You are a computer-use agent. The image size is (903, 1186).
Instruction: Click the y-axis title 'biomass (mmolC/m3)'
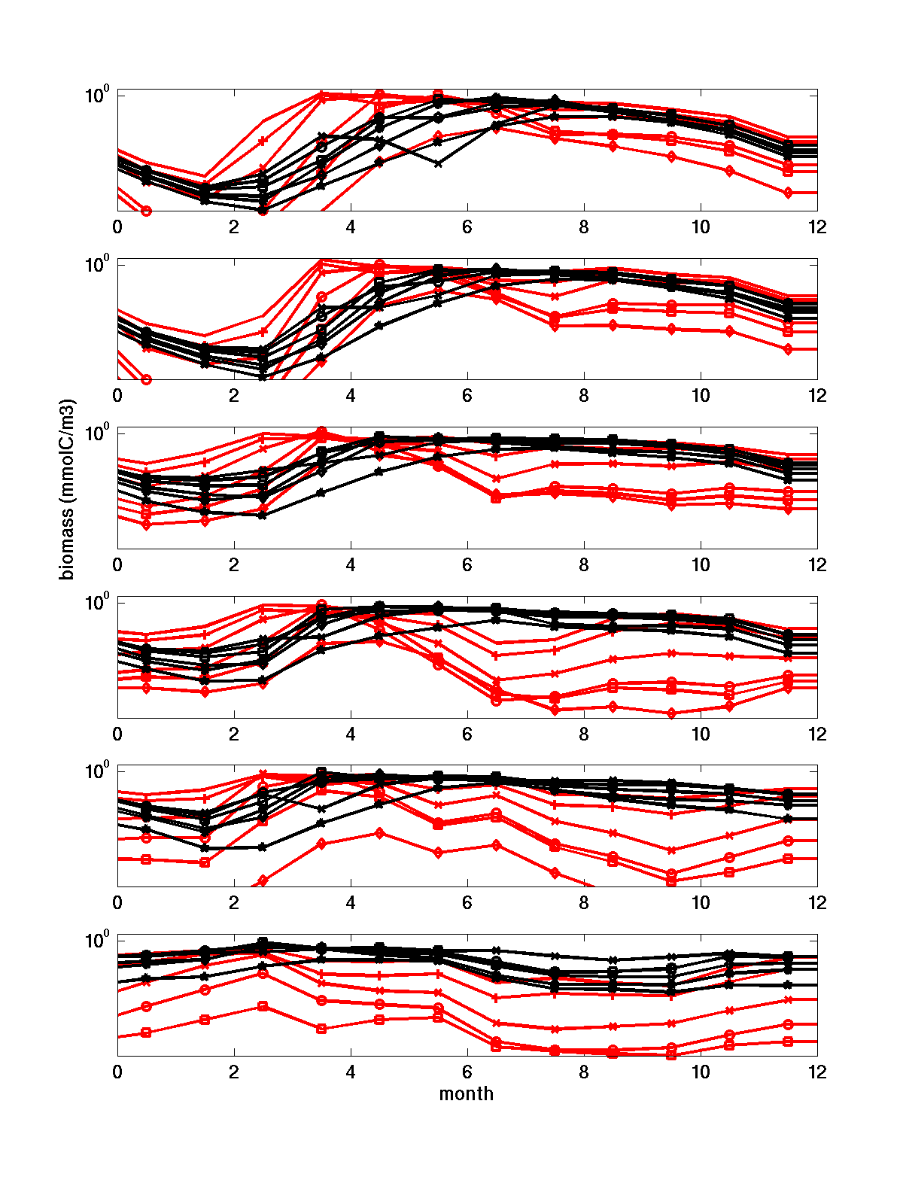(68, 489)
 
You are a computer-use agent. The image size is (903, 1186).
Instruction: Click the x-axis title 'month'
(467, 1093)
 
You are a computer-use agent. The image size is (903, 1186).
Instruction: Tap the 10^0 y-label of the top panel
(97, 95)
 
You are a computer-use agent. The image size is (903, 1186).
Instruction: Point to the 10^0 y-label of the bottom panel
(97, 940)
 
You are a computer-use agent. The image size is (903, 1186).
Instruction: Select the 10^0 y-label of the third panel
(97, 433)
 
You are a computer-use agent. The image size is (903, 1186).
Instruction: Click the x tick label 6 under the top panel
(467, 227)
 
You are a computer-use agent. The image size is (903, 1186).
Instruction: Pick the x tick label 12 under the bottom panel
(817, 1072)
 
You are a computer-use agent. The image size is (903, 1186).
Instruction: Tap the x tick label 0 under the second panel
(117, 396)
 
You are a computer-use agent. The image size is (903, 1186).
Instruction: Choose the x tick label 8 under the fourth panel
(584, 734)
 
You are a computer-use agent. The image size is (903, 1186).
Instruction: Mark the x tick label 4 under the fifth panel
(351, 902)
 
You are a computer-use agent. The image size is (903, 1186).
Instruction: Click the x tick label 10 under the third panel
(701, 564)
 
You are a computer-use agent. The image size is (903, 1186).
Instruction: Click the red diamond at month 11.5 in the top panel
(788, 193)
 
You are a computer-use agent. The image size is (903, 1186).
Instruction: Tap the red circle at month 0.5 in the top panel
(146, 211)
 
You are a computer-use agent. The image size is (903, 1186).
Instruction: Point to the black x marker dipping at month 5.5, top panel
(438, 163)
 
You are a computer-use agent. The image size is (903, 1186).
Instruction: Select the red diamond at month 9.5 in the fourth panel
(671, 713)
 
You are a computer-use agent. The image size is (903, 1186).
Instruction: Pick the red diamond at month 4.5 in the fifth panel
(380, 832)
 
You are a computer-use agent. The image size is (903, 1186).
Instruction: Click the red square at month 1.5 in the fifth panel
(205, 862)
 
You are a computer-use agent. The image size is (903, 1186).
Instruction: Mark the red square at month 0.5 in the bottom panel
(146, 1032)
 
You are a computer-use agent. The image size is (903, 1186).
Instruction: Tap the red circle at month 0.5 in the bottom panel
(146, 1006)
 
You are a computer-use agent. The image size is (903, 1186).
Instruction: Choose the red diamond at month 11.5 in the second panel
(788, 349)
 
